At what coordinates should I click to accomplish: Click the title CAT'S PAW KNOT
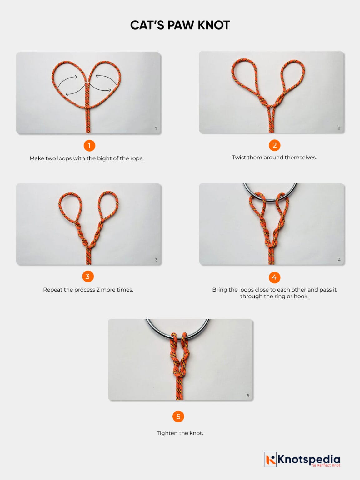[x=180, y=25]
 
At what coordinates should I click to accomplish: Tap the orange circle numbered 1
[x=89, y=146]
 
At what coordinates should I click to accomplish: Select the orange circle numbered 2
[x=274, y=145]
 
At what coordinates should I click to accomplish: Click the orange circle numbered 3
[x=87, y=277]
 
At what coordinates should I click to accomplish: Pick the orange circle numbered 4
[x=274, y=277]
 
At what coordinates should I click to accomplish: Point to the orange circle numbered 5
[x=178, y=417]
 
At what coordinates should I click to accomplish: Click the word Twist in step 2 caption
[x=239, y=157]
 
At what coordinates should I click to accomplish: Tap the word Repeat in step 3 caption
[x=53, y=290]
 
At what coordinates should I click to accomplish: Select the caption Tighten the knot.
[x=180, y=433]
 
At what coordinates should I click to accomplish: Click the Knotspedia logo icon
[x=271, y=459]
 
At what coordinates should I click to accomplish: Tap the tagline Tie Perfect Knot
[x=325, y=465]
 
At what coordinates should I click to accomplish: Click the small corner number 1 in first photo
[x=156, y=128]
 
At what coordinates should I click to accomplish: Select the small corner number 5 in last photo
[x=248, y=396]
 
